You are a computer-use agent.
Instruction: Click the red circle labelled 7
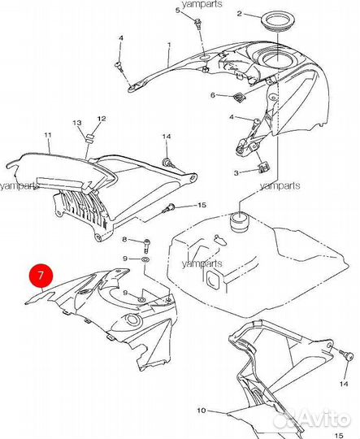41,276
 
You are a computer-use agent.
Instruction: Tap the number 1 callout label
169,44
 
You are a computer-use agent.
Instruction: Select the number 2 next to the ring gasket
239,13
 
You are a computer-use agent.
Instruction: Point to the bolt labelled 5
198,23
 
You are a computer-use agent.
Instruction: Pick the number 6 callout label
213,95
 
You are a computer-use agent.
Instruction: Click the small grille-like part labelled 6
239,98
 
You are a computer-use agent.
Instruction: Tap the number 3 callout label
236,173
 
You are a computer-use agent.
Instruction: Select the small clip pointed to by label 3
263,167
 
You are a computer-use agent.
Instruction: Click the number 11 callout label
48,135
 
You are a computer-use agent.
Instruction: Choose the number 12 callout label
102,119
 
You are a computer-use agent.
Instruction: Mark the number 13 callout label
77,123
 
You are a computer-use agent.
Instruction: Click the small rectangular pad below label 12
90,138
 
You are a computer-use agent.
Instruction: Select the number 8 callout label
125,239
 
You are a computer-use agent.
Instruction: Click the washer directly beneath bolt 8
145,259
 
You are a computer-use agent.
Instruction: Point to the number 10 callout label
202,411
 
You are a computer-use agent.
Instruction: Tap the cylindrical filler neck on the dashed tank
240,222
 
